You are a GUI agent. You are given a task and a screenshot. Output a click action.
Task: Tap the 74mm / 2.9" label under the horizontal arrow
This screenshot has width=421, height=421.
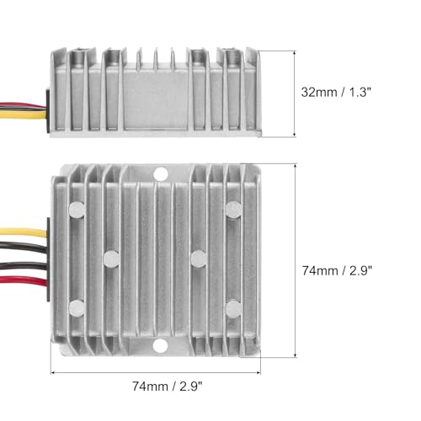pos(166,386)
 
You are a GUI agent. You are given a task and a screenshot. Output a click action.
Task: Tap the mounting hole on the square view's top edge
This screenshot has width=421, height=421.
pos(160,174)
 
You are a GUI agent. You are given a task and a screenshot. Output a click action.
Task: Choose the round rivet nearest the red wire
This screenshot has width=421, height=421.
pos(77,307)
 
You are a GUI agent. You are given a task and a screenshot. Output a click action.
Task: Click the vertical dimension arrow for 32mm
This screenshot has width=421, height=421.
pos(293,92)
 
